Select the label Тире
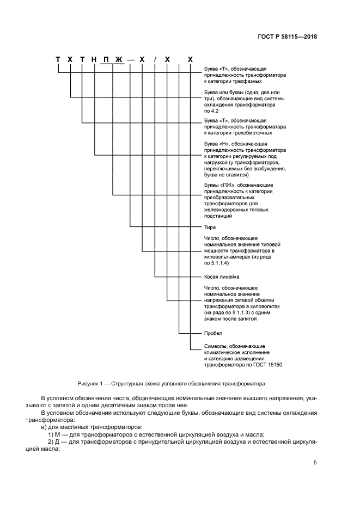210,227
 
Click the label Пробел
213,333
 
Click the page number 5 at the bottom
315,463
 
